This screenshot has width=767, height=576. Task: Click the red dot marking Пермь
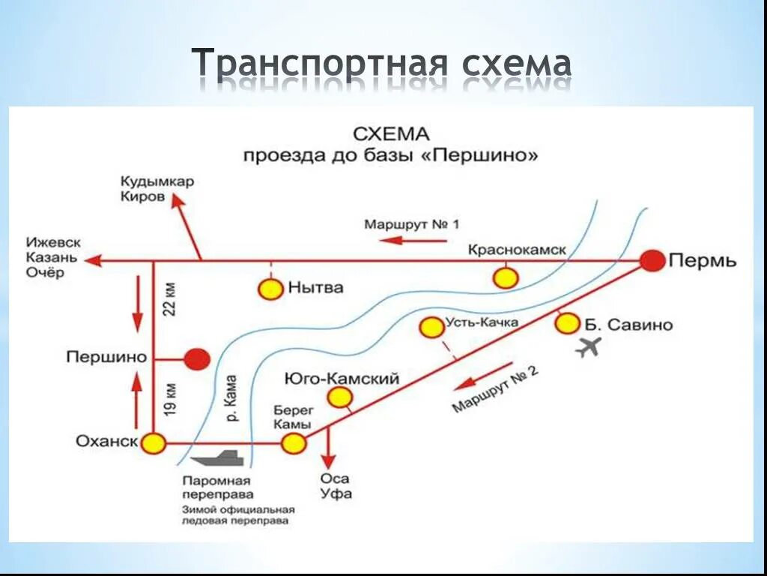pos(653,260)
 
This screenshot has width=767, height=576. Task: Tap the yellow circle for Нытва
pos(270,289)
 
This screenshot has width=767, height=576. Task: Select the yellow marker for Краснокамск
pos(506,277)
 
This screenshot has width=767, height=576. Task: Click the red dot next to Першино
pos(198,359)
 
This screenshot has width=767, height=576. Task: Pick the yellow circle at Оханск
pos(154,443)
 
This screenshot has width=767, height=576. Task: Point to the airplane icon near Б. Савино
pos(589,347)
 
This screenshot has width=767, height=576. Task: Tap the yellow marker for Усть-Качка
pos(431,327)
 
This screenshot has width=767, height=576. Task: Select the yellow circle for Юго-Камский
pos(340,397)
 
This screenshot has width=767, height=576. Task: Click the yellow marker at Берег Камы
pos(294,443)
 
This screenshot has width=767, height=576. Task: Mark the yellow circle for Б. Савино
pos(568,323)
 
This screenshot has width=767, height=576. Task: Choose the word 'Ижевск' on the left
pos(53,242)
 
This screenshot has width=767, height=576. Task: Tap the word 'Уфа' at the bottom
pos(336,494)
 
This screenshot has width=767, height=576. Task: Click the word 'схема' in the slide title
pos(516,64)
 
